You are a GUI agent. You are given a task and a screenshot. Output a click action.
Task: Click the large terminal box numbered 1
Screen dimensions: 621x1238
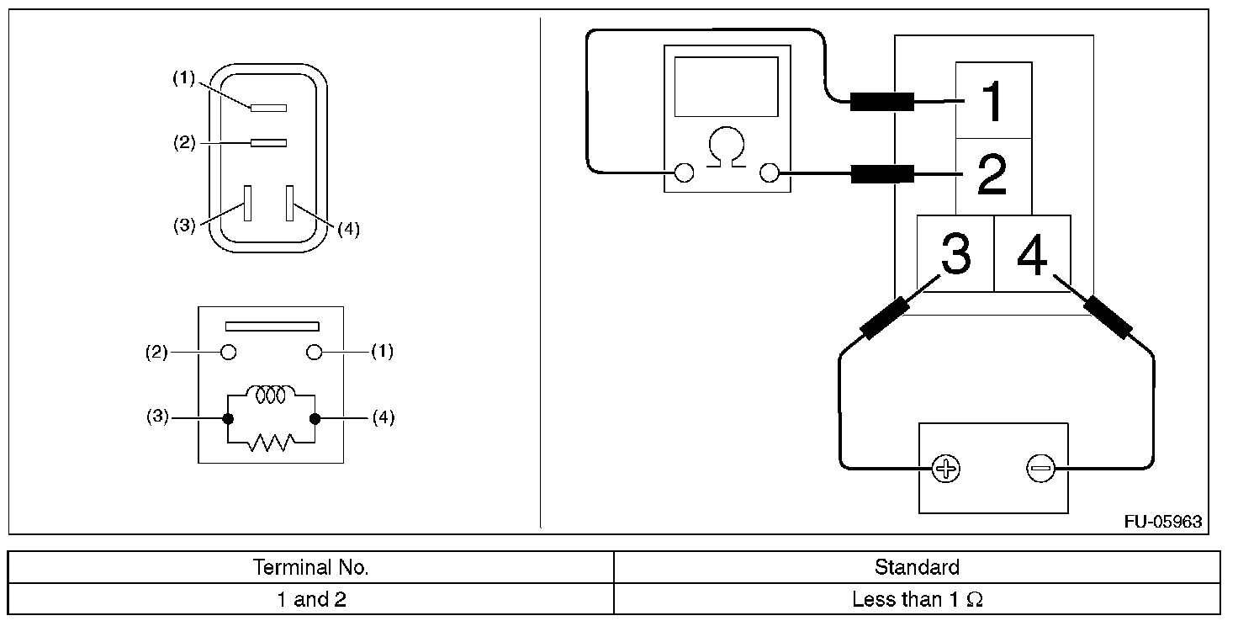[x=993, y=100]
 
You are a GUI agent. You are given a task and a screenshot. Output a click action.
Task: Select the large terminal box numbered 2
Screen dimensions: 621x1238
[x=993, y=176]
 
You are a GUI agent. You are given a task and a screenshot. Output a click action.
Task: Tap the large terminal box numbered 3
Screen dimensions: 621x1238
[x=955, y=253]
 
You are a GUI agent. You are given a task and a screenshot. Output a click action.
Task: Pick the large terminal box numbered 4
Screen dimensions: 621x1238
[x=1032, y=253]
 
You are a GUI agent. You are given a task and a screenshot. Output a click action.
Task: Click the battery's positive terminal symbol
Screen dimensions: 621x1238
[x=946, y=468]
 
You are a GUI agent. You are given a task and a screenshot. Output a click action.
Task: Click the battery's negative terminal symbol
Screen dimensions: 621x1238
[x=1040, y=468]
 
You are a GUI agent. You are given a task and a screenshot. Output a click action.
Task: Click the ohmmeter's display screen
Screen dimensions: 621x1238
[x=726, y=87]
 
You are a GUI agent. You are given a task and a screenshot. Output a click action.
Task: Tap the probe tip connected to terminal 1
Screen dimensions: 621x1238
[x=881, y=102]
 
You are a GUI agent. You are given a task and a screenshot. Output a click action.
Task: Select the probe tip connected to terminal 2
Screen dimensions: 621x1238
[x=881, y=175]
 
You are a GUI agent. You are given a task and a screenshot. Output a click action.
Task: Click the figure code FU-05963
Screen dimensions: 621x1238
[x=1163, y=522]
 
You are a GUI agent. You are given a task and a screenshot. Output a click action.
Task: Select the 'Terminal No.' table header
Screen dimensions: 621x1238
[x=311, y=567]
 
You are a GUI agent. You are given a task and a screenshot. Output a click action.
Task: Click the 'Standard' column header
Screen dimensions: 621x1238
[x=917, y=567]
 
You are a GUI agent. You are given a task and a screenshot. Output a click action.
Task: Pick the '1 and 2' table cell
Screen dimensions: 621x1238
[x=311, y=600]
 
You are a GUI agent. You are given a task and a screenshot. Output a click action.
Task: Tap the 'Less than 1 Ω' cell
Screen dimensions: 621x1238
[x=917, y=600]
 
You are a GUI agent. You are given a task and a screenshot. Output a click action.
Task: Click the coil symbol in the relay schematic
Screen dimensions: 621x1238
[x=270, y=394]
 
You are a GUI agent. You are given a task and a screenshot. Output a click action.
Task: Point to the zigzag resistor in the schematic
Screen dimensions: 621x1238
[x=271, y=443]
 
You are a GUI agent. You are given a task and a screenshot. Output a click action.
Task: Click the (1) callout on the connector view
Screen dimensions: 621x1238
[x=184, y=79]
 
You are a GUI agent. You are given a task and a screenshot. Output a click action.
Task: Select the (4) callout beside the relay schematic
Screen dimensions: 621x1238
[x=383, y=417]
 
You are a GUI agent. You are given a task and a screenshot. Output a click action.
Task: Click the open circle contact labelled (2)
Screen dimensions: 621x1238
[x=228, y=353]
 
